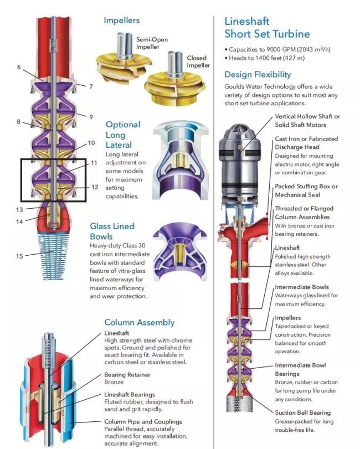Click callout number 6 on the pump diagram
click(x=19, y=67)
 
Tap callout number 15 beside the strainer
click(x=19, y=256)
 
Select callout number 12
click(x=95, y=187)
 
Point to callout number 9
click(x=91, y=117)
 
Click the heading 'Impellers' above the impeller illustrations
click(x=122, y=20)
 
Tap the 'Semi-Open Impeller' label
click(x=152, y=43)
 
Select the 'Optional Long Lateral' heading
click(x=123, y=135)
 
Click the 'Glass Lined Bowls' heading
click(x=112, y=231)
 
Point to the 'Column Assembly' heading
click(x=139, y=322)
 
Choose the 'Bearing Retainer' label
click(x=127, y=375)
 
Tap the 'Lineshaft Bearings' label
click(x=130, y=395)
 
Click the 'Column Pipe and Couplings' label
click(x=143, y=421)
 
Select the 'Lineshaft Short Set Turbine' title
click(x=267, y=28)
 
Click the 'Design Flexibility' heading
click(x=258, y=74)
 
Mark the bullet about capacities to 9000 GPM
click(x=277, y=49)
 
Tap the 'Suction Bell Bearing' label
click(x=303, y=412)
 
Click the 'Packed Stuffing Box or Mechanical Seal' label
click(x=306, y=190)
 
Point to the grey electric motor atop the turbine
click(x=240, y=162)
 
